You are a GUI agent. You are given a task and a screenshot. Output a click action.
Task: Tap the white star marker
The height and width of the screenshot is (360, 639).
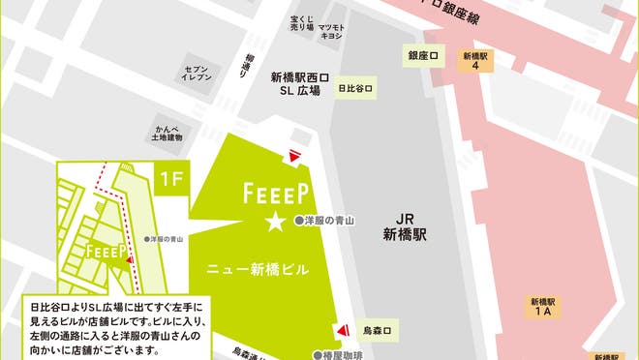(x=276, y=223)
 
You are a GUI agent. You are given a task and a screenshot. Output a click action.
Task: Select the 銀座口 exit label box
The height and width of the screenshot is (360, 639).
(x=423, y=56)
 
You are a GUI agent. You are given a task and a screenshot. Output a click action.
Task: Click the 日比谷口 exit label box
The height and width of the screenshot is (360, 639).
(x=355, y=89)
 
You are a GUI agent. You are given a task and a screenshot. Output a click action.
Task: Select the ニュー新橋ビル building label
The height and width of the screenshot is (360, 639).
(x=259, y=270)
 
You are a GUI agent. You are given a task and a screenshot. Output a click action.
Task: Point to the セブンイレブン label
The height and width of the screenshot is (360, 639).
(x=198, y=75)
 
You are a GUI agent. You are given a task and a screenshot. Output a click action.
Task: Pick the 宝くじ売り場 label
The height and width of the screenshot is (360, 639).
(x=301, y=23)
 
